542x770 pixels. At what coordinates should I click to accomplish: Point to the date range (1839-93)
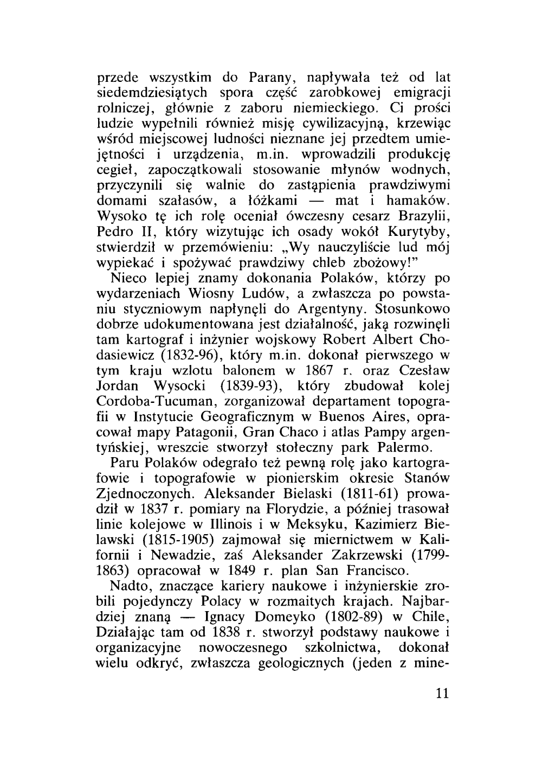tap(250, 388)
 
